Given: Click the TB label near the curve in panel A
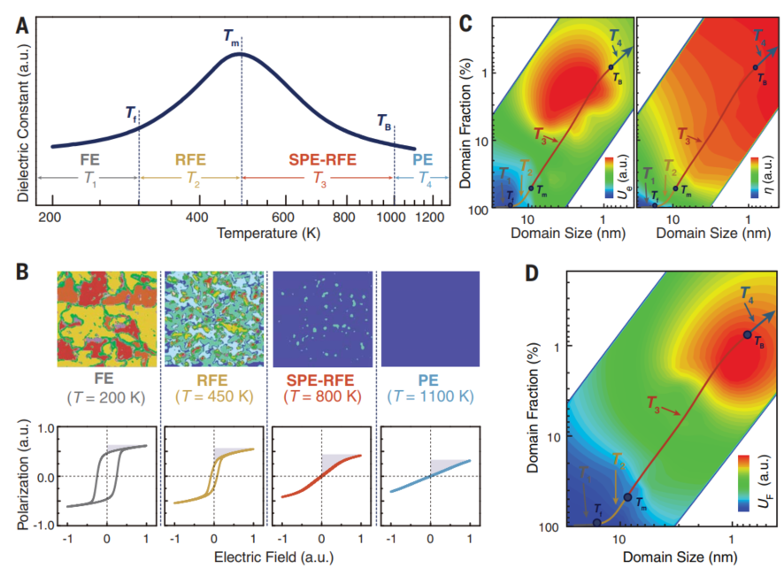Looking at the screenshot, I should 385,122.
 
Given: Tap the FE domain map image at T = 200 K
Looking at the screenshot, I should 107,319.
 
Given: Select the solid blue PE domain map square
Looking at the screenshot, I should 430,319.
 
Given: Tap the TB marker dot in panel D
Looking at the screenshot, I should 747,334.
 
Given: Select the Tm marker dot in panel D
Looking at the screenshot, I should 627,497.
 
